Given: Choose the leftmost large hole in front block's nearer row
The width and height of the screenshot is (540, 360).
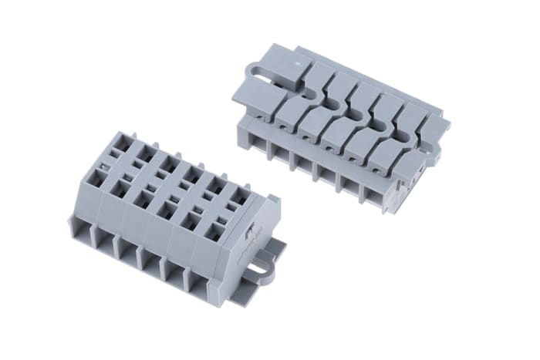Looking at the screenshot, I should click(100, 174).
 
